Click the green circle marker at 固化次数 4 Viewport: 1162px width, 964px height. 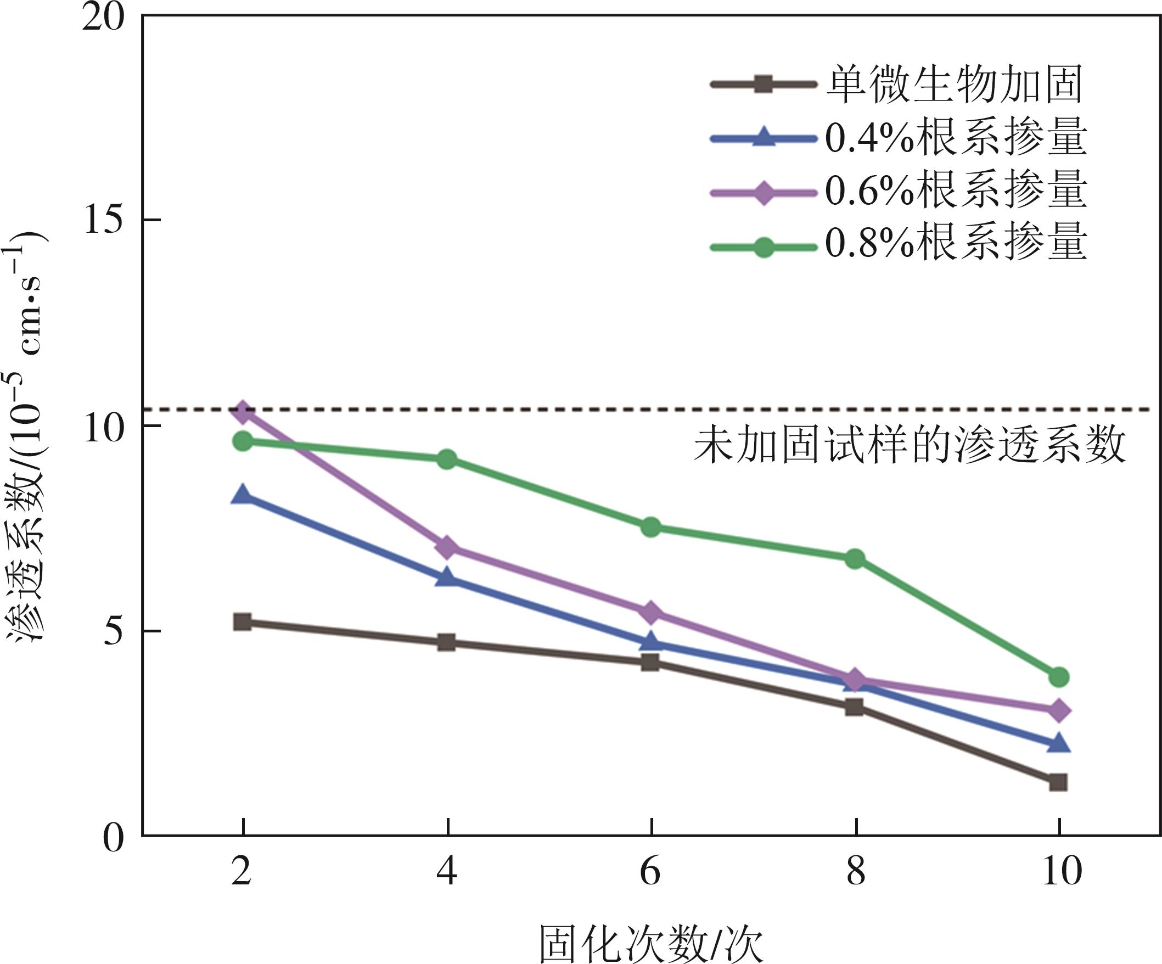[447, 459]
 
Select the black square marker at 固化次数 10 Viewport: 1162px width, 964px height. [1058, 782]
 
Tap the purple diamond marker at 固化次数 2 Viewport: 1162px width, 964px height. [243, 412]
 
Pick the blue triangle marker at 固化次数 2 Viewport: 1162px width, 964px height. [243, 495]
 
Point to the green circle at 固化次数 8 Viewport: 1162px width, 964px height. [855, 559]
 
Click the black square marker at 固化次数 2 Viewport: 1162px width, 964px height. [243, 622]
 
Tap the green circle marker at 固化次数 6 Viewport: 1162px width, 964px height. [651, 527]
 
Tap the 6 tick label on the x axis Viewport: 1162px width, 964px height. [650, 872]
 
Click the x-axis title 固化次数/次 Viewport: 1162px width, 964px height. [652, 944]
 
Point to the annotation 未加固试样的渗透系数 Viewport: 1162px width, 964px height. [910, 445]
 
